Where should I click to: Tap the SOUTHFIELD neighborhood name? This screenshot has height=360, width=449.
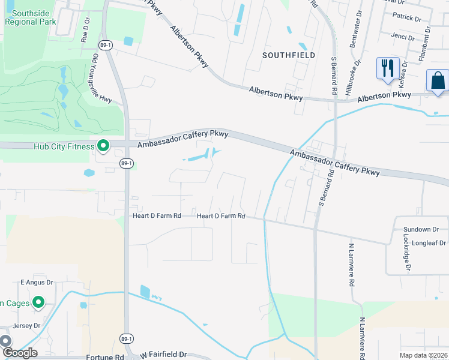[x=289, y=55]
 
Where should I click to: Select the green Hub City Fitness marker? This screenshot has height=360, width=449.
[x=103, y=146]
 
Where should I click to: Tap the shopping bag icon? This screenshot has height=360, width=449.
[x=438, y=80]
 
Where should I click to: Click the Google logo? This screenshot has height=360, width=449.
[x=19, y=353]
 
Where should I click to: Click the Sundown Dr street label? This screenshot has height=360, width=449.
[x=417, y=229]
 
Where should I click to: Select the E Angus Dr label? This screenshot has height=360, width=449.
[x=37, y=282]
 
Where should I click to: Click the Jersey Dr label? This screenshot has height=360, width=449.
[x=28, y=326]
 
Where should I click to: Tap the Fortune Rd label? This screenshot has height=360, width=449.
[x=104, y=357]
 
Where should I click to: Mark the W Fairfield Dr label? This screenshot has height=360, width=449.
[x=164, y=355]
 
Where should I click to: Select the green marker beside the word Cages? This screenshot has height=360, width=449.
[x=39, y=302]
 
